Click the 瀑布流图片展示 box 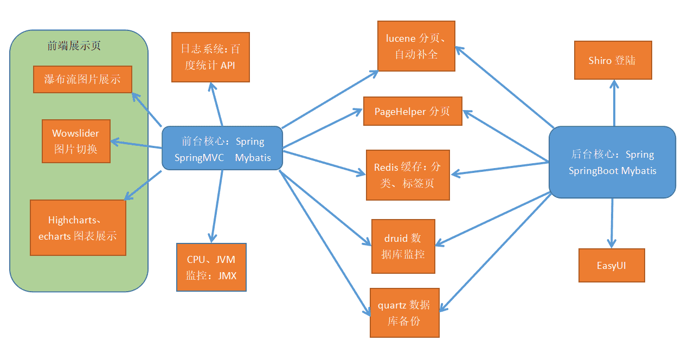[x=82, y=80]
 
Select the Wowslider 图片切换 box [x=76, y=141]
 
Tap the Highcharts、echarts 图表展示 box [x=78, y=228]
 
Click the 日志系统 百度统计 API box [x=210, y=57]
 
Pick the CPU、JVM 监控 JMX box [x=211, y=267]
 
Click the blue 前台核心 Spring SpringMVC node [x=222, y=148]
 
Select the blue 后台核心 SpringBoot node [x=612, y=162]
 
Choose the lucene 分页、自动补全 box [x=416, y=46]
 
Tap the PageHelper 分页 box [x=413, y=111]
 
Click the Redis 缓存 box [x=408, y=175]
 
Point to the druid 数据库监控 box [x=403, y=246]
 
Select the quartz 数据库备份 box [x=404, y=313]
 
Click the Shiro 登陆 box [x=613, y=60]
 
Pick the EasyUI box [x=612, y=266]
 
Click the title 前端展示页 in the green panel [x=74, y=46]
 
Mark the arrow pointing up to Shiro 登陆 [x=614, y=103]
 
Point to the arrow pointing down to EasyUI [x=613, y=222]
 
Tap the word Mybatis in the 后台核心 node [x=639, y=171]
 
